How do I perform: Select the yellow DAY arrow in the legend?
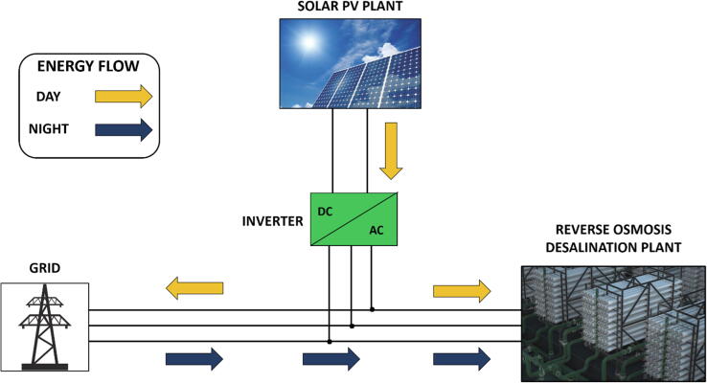123,96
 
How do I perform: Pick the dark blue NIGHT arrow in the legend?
123,128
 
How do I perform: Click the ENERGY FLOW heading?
89,69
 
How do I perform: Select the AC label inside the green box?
379,230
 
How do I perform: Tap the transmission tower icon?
44,327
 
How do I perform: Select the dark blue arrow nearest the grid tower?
194,359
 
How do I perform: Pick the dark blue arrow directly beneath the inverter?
331,359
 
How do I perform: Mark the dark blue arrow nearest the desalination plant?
461,359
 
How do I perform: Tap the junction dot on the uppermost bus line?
373,309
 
